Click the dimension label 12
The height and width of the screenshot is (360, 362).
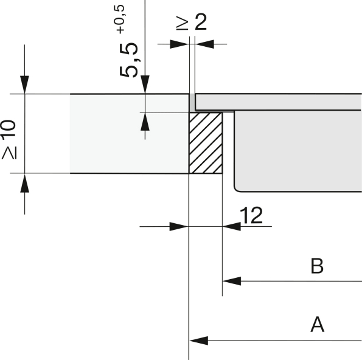click(x=251, y=215)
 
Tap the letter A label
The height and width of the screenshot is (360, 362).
click(x=318, y=325)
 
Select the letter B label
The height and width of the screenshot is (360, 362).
click(x=317, y=266)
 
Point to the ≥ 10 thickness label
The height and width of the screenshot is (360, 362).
click(x=9, y=139)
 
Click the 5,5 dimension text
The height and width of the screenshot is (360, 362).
click(x=128, y=60)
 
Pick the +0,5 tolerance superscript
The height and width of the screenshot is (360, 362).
click(x=119, y=19)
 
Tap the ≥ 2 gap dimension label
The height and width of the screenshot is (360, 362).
click(x=191, y=22)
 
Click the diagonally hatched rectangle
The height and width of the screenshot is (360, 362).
click(x=206, y=143)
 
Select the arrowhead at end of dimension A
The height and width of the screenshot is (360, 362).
click(x=199, y=341)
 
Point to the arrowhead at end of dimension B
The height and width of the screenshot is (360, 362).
click(x=232, y=281)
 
